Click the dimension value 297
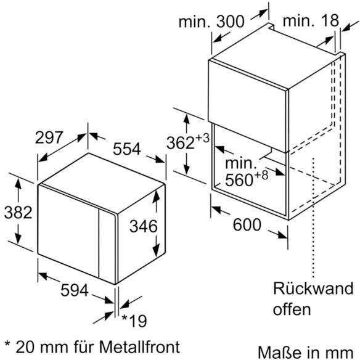[x=49, y=137]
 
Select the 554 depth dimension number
[x=127, y=149]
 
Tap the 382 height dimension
[x=18, y=213]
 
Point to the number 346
[x=144, y=226]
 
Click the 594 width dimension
[x=75, y=290]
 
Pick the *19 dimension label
[x=134, y=321]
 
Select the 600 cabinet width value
[x=247, y=224]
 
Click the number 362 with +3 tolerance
[x=181, y=143]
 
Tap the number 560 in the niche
[x=239, y=180]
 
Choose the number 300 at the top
[x=231, y=22]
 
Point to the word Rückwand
[x=313, y=288]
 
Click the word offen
[x=292, y=309]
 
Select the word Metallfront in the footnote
[x=139, y=346]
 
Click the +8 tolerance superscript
[x=261, y=175]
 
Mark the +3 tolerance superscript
[x=202, y=138]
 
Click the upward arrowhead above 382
[x=18, y=184]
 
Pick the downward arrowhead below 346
[x=156, y=250]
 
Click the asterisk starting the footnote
[x=7, y=344]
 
